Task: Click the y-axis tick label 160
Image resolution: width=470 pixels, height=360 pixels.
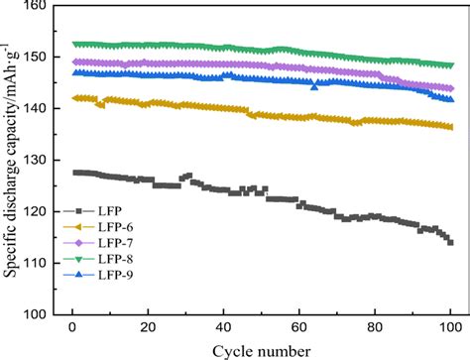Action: point(39,7)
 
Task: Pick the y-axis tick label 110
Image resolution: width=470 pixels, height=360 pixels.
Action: point(39,263)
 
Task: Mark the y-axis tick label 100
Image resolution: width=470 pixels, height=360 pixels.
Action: point(39,314)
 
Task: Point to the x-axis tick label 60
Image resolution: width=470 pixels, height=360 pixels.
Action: point(298,328)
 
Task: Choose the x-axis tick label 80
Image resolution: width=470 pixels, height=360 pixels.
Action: point(375,328)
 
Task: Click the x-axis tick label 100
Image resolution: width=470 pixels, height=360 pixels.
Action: point(450,328)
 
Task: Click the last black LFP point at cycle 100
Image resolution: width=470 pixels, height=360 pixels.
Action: point(450,242)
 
